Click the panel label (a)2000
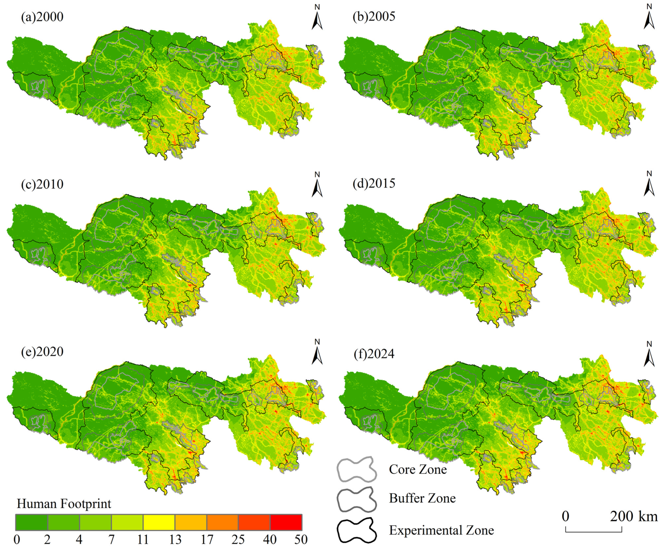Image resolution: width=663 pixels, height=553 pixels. [42, 16]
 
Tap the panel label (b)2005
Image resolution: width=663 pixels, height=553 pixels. [374, 16]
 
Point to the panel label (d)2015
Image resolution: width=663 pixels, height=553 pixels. [374, 183]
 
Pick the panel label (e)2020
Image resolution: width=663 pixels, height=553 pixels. [42, 351]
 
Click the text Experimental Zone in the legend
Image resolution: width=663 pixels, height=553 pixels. [441, 530]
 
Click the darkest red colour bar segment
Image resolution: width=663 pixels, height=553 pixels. [286, 522]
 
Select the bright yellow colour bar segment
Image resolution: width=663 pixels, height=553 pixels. [159, 522]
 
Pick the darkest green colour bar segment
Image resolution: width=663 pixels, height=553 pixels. [32, 522]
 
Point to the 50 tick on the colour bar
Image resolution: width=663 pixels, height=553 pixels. [301, 539]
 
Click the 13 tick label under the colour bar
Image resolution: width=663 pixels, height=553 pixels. [175, 539]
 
